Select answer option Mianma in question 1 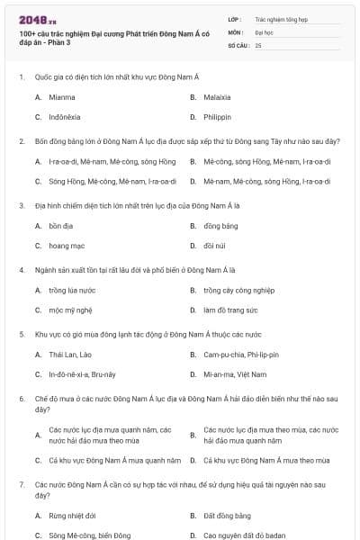point(62,96)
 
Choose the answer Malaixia point(220,96)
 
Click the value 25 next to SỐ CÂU point(258,44)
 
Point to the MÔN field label point(235,31)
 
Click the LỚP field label point(235,18)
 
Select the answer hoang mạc point(66,245)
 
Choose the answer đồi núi point(215,245)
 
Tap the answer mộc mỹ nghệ point(67,310)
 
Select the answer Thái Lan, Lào point(69,355)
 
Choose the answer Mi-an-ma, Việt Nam point(235,373)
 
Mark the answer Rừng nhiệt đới point(69,516)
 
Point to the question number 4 point(22,269)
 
